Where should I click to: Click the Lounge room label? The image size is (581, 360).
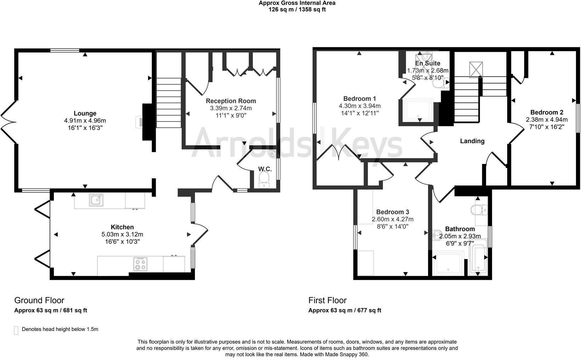pyautogui.click(x=85, y=113)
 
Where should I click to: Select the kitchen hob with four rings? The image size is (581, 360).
pyautogui.click(x=140, y=264)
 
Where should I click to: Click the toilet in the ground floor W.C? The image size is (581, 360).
pyautogui.click(x=264, y=180)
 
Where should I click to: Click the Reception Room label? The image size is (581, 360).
pyautogui.click(x=231, y=101)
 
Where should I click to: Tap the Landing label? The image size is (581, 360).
pyautogui.click(x=472, y=141)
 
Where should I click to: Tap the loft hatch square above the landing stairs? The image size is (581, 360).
pyautogui.click(x=476, y=69)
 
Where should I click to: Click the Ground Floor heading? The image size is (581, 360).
pyautogui.click(x=39, y=300)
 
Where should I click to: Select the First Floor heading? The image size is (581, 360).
pyautogui.click(x=327, y=300)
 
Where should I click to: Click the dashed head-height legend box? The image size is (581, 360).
pyautogui.click(x=16, y=330)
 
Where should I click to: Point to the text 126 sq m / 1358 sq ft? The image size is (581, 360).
pyautogui.click(x=297, y=10)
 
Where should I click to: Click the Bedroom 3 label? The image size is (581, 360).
pyautogui.click(x=393, y=212)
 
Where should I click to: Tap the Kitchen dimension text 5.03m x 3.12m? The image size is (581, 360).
pyautogui.click(x=122, y=235)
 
